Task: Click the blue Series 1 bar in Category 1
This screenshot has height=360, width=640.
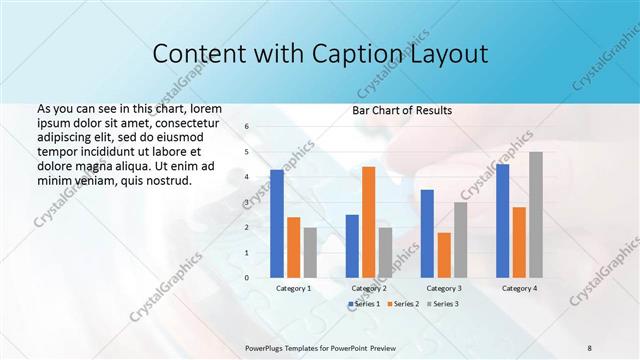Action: click(x=277, y=223)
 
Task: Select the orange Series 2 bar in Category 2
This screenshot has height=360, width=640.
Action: click(x=368, y=221)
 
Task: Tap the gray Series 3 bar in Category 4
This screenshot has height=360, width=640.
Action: click(x=536, y=214)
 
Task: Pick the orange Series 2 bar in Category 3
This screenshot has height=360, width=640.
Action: click(x=444, y=255)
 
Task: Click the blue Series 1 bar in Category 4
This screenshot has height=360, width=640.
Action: click(x=502, y=220)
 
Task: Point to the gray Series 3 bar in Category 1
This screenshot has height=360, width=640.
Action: click(x=311, y=252)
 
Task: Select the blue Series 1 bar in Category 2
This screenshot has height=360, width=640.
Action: click(x=352, y=245)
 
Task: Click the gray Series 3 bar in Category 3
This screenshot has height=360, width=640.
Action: click(x=460, y=239)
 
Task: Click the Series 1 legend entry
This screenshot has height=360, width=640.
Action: click(x=364, y=303)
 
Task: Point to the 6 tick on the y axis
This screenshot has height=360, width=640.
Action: click(x=247, y=127)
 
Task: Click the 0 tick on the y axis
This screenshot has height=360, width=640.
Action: click(x=247, y=277)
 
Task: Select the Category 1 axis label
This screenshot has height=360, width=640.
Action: click(x=294, y=288)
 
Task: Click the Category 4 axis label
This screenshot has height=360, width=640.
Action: click(x=519, y=288)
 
